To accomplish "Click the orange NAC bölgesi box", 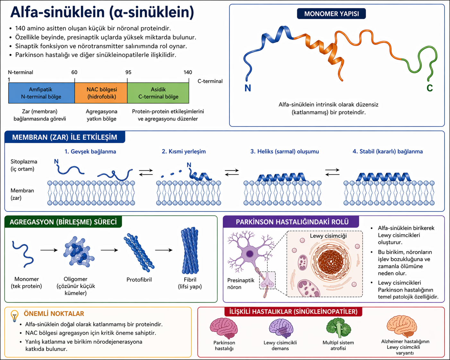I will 101,93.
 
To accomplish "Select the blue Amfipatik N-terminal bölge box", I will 41,93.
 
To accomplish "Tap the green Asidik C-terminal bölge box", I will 158,93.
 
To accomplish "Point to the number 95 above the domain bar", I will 128,73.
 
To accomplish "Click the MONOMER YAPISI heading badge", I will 331,14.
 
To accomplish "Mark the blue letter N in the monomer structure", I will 248,88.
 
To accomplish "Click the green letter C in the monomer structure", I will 430,88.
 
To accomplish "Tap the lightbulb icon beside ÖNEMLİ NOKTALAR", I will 14,316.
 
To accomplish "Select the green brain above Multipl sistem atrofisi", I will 338,328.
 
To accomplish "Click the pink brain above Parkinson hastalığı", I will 224,328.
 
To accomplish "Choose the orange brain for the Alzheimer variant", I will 402,327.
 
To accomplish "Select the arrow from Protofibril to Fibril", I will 164,250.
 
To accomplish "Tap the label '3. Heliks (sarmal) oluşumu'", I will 285,151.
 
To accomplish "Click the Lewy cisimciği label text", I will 328,236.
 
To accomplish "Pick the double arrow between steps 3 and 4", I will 332,172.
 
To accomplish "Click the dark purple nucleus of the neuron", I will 249,254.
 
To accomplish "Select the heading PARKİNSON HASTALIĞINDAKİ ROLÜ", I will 292,222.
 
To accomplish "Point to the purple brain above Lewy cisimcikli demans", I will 281,328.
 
